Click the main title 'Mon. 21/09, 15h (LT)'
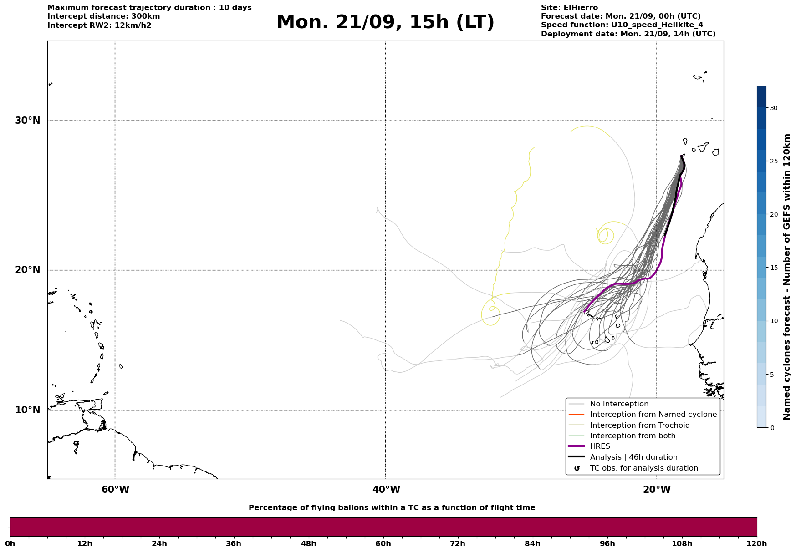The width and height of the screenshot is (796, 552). click(385, 22)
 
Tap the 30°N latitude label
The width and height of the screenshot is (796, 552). click(28, 121)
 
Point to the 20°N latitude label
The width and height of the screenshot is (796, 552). click(28, 270)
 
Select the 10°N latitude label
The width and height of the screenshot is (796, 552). click(28, 410)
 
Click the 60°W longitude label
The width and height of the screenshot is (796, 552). click(115, 490)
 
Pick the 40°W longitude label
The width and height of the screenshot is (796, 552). click(386, 490)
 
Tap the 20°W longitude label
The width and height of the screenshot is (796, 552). click(657, 490)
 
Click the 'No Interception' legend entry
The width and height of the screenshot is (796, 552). click(619, 404)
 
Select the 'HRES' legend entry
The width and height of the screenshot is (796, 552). click(600, 446)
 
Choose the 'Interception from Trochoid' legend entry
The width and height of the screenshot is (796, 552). click(640, 425)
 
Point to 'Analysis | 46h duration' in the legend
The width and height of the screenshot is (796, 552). click(634, 457)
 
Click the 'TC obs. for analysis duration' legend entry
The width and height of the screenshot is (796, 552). click(644, 468)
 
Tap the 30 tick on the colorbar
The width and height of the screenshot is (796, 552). click(774, 108)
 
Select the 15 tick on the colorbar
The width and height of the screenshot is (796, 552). click(774, 268)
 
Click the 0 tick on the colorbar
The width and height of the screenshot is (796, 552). click(772, 428)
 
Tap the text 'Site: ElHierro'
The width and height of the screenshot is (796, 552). click(569, 8)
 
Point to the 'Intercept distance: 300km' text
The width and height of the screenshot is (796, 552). click(104, 16)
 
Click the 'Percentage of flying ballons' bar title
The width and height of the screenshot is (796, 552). click(392, 508)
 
